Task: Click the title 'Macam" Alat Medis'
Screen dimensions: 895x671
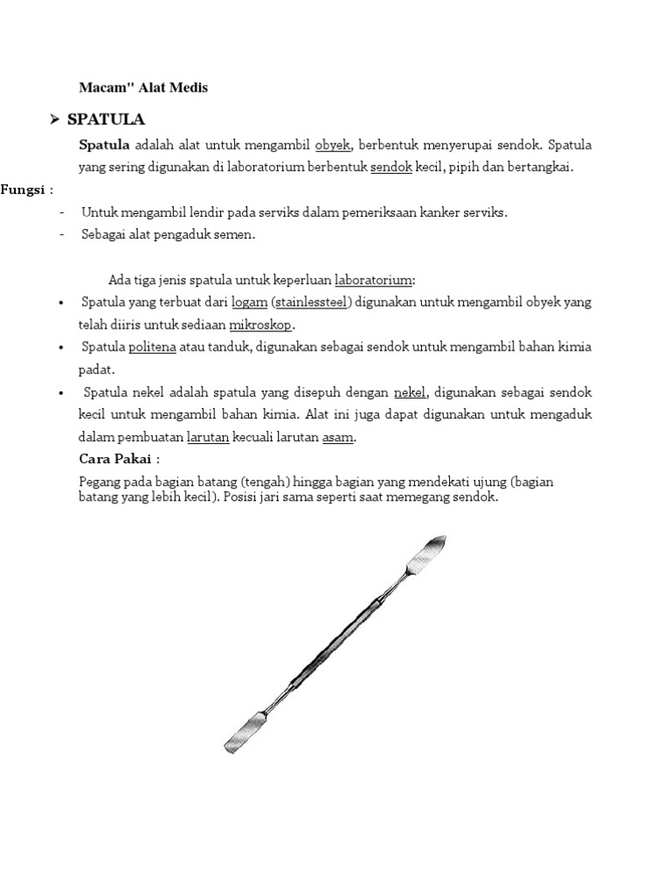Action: tap(143, 87)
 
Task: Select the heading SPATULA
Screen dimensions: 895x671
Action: tap(106, 119)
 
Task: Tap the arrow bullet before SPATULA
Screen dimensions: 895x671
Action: tap(54, 119)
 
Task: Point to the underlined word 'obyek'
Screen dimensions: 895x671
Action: tap(332, 144)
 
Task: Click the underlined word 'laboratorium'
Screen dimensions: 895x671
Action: tap(373, 280)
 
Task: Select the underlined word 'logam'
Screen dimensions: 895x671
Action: tap(248, 302)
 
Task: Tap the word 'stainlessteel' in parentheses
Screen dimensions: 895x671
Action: tap(311, 302)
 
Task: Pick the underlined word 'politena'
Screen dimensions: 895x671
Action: tap(152, 347)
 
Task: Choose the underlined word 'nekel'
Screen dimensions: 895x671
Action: tap(410, 392)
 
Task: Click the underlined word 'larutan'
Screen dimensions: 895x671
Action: tap(208, 437)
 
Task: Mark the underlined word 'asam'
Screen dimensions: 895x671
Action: tap(337, 437)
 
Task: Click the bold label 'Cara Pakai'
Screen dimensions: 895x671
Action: tap(115, 460)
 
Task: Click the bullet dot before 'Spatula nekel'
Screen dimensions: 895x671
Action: tap(60, 392)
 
